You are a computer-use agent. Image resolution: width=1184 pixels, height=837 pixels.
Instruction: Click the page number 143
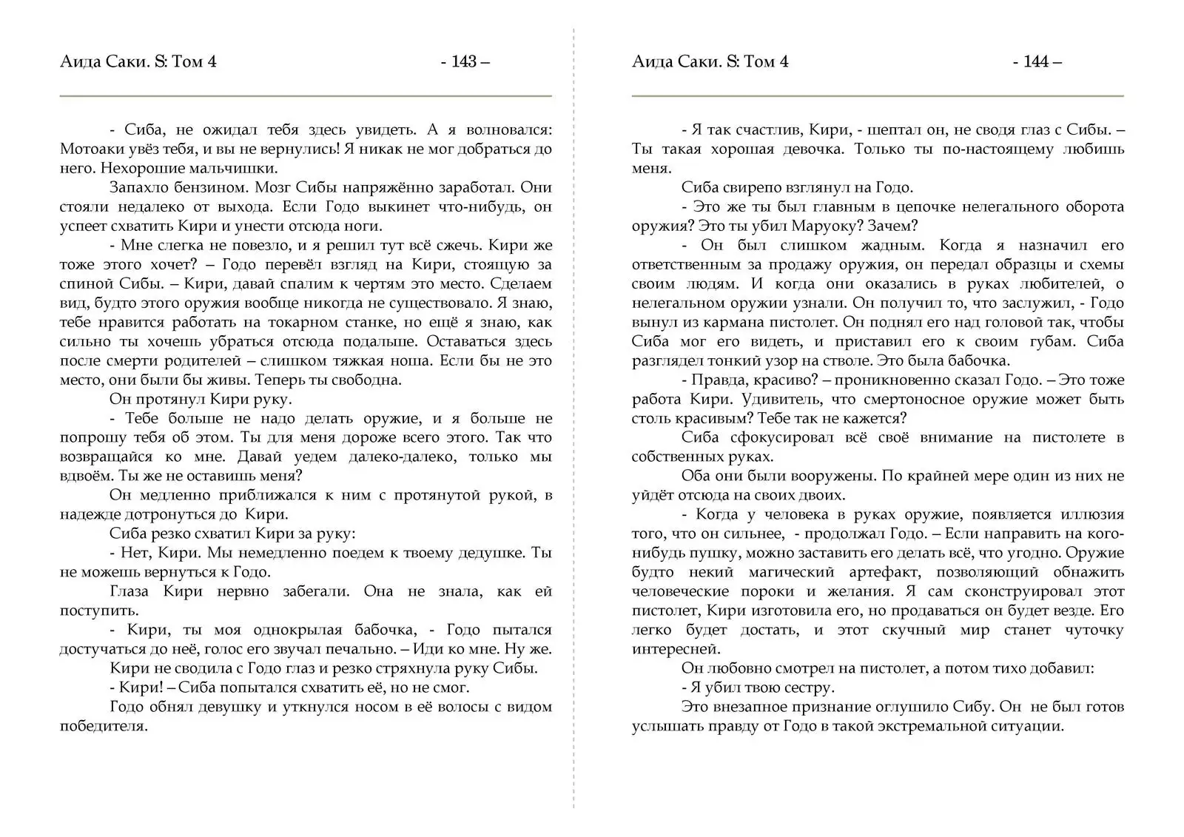pos(464,61)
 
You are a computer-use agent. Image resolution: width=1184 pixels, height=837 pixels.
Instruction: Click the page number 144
pos(1036,61)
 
